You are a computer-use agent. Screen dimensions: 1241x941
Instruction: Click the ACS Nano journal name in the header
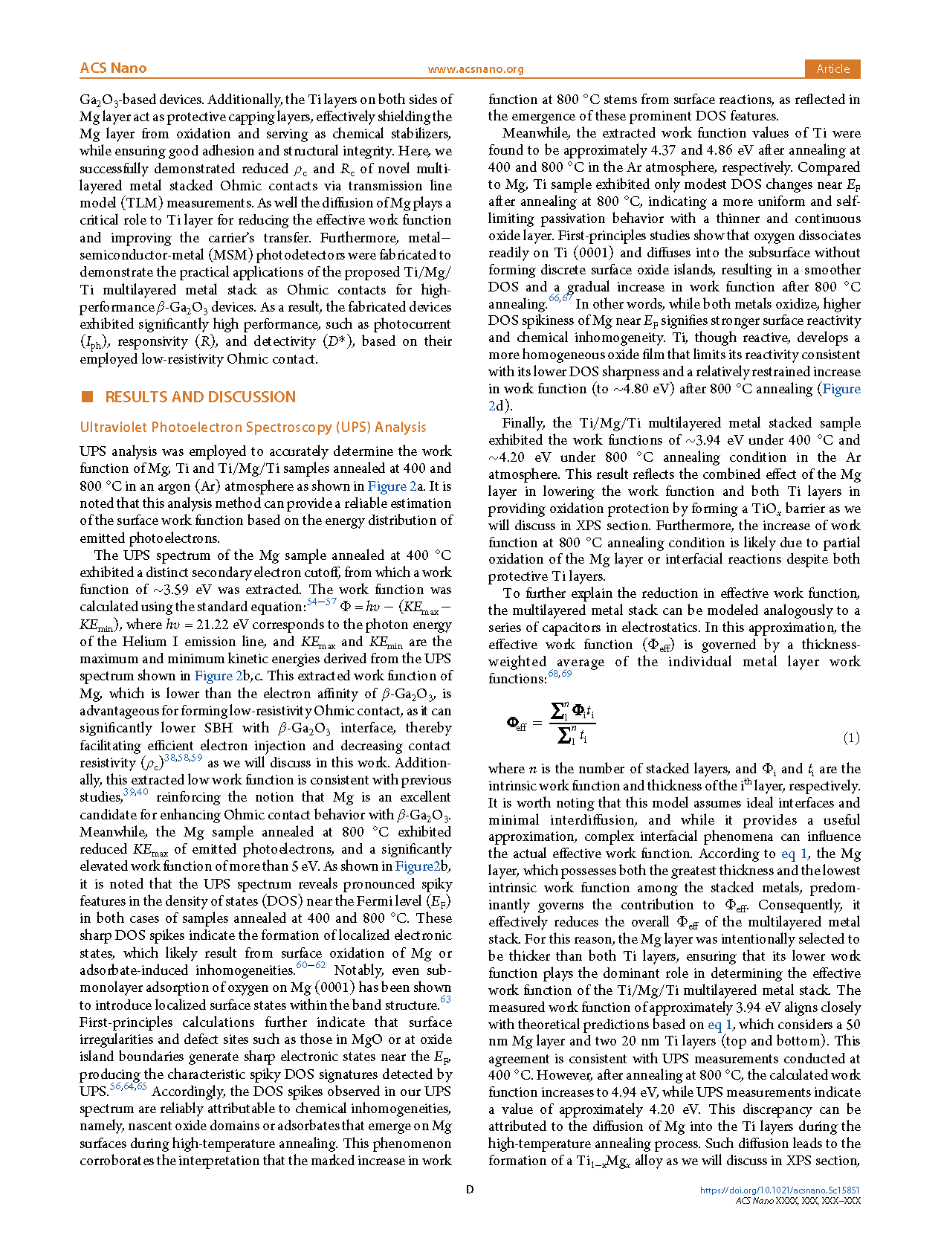[x=113, y=68]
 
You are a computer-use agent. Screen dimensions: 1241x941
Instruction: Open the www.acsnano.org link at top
[x=476, y=69]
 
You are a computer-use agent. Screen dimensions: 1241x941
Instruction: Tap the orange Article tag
[x=832, y=68]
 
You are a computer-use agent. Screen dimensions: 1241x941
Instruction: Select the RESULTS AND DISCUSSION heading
[x=200, y=397]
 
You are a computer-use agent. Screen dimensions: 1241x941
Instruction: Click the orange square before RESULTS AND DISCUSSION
[x=88, y=397]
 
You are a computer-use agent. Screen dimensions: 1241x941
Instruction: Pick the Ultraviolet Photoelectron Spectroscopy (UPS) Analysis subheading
[x=253, y=428]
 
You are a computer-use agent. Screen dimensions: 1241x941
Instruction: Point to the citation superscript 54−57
[x=321, y=602]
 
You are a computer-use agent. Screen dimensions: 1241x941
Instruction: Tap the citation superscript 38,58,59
[x=183, y=758]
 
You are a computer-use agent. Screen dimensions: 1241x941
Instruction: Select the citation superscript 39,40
[x=135, y=792]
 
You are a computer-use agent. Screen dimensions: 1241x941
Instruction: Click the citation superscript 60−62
[x=311, y=965]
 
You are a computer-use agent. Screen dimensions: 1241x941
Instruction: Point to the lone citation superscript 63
[x=445, y=999]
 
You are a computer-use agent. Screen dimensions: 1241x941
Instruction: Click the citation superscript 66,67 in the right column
[x=560, y=298]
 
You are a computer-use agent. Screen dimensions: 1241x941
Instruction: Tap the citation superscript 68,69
[x=560, y=674]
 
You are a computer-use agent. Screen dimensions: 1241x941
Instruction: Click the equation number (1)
[x=851, y=738]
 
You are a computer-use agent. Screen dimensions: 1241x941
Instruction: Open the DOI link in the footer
[x=780, y=1190]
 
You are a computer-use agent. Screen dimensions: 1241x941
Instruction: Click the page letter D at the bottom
[x=470, y=1190]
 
